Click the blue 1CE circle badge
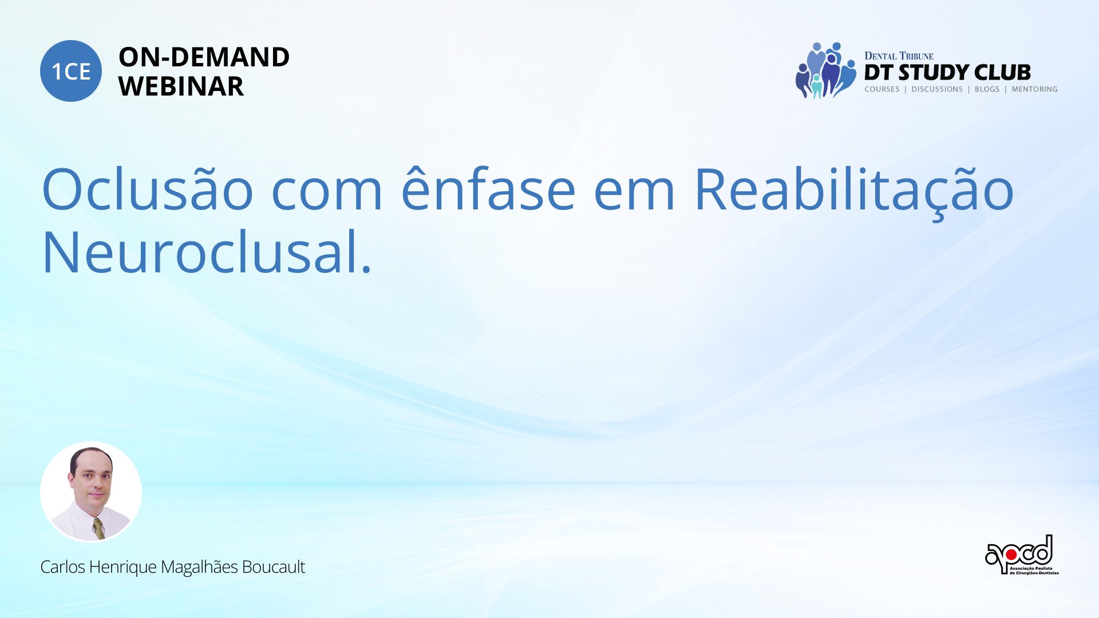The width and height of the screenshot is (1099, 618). (71, 71)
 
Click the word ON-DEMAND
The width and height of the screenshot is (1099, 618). (204, 57)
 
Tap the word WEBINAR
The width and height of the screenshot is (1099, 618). (181, 86)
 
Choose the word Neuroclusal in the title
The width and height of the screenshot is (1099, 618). (201, 252)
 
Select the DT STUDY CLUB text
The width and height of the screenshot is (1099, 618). (947, 73)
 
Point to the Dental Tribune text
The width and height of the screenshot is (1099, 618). (899, 56)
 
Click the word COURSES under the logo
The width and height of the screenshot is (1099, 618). (881, 89)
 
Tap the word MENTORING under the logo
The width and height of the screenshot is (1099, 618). (1034, 89)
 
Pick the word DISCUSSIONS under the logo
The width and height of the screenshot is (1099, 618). (936, 89)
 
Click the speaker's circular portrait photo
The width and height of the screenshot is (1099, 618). (91, 492)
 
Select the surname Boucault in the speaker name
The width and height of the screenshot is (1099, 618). (274, 566)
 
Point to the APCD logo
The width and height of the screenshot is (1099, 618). (1022, 555)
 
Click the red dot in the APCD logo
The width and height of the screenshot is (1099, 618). (1011, 554)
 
